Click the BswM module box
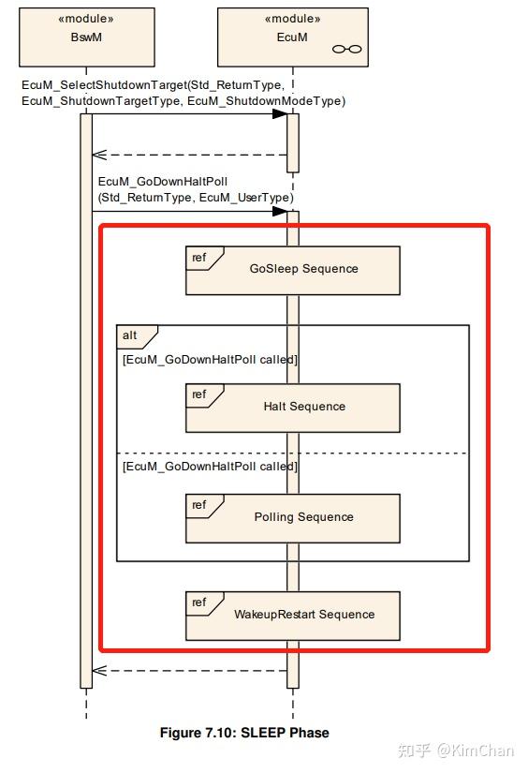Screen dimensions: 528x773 [87, 37]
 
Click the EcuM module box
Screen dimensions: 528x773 [293, 37]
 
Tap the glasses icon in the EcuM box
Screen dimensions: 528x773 [346, 49]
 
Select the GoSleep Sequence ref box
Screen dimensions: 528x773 [293, 271]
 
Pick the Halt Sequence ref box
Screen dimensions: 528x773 [293, 409]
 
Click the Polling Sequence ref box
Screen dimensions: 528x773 [293, 519]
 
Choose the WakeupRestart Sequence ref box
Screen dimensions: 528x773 [293, 617]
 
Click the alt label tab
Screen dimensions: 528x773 [137, 336]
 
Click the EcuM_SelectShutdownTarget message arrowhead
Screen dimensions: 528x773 [280, 114]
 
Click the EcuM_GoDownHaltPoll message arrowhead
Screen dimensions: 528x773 [280, 212]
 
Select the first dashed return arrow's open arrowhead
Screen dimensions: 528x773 [99, 155]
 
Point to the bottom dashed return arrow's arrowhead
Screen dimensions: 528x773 [99, 671]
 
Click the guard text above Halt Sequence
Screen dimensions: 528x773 [210, 360]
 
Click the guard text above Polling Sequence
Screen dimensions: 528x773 [210, 467]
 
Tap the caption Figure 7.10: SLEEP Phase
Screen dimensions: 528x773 [244, 733]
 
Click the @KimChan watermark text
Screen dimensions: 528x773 [476, 751]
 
